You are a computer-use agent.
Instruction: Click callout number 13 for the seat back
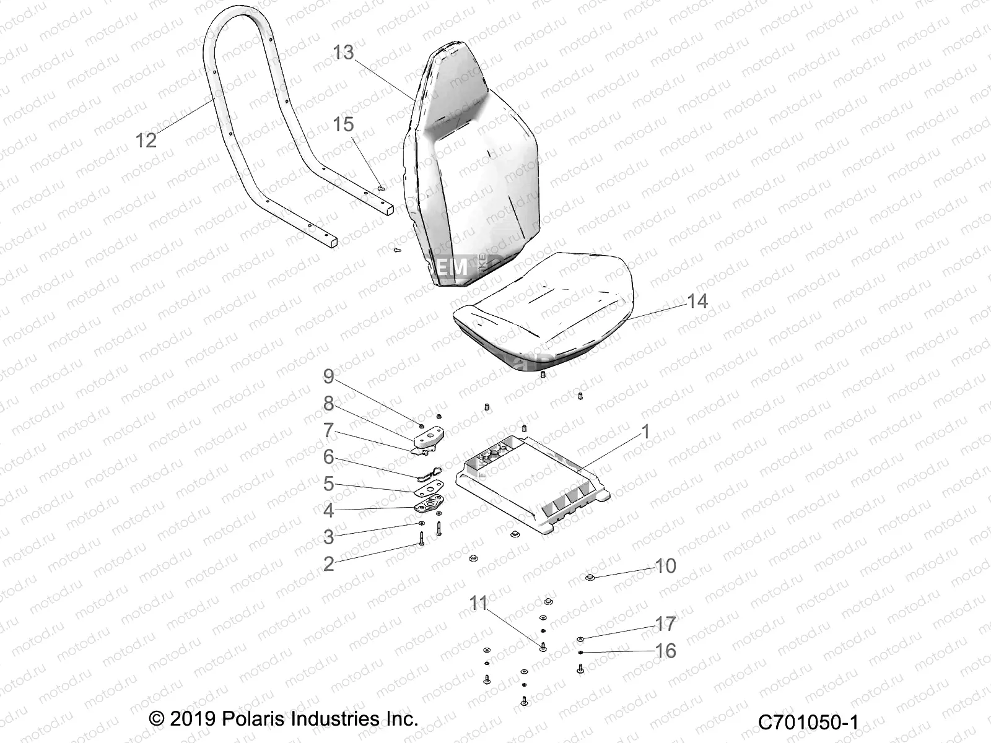coord(343,53)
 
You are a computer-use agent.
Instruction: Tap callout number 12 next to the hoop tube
coord(146,141)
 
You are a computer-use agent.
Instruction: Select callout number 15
coord(343,124)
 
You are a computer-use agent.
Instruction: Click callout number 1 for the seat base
coord(645,432)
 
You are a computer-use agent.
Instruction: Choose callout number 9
coord(328,457)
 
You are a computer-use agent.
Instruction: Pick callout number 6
coord(328,457)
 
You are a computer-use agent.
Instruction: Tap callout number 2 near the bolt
coord(328,563)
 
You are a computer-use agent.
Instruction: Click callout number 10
coord(666,566)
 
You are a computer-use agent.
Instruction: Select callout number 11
coord(479,603)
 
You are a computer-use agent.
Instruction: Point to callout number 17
coord(666,624)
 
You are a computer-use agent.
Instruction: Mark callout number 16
coord(666,651)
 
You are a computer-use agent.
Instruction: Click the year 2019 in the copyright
coord(191,719)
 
